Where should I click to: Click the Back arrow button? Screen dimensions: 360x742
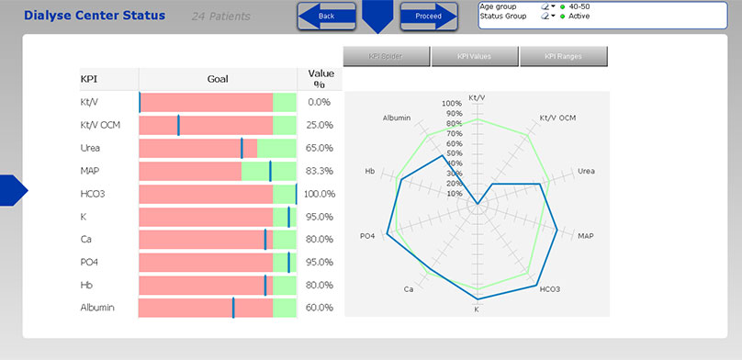326,16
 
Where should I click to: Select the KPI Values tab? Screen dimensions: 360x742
474,57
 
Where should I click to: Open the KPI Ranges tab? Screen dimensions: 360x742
563,57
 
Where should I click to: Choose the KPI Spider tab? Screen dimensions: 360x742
386,57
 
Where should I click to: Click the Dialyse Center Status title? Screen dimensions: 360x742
95,16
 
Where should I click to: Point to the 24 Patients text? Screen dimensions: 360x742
224,17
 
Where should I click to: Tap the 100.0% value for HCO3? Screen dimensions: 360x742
320,194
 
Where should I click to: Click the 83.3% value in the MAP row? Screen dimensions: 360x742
320,171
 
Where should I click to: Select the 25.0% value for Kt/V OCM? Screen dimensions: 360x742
320,125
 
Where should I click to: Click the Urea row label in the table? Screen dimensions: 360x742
90,148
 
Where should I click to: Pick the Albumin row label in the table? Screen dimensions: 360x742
97,308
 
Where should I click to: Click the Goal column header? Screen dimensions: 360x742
218,79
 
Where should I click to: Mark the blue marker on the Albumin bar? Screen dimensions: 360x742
233,308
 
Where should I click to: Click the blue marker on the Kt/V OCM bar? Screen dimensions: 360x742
178,125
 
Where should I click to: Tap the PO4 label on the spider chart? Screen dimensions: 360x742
367,237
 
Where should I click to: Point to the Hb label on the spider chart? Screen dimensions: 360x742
369,171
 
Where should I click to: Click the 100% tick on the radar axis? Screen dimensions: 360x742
453,104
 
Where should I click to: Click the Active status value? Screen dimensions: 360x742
579,17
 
